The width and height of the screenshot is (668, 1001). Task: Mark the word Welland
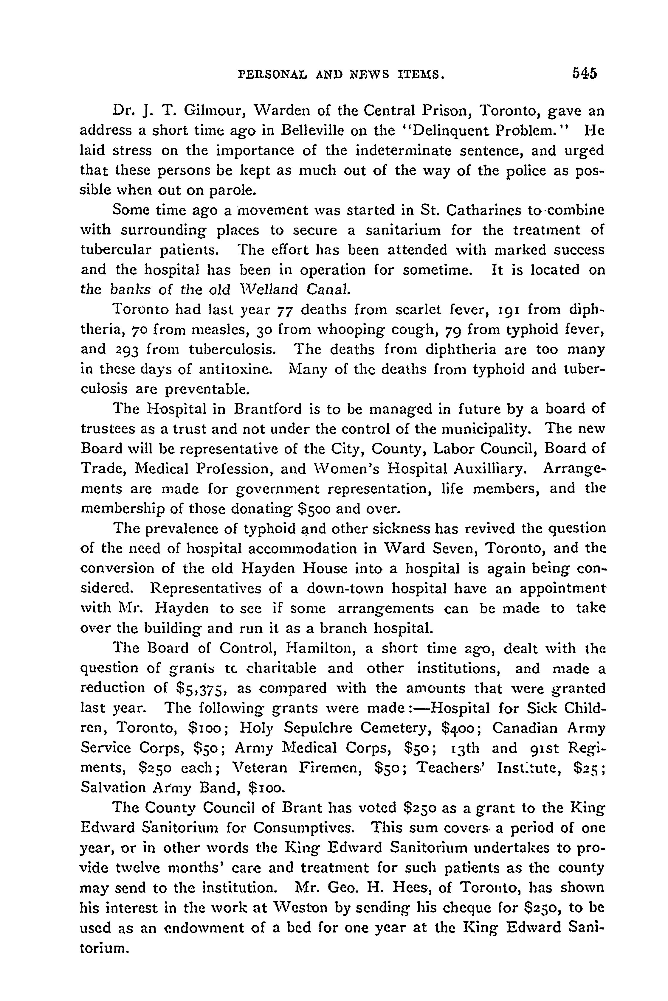[x=268, y=290]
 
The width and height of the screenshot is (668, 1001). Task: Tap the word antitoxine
[x=234, y=369]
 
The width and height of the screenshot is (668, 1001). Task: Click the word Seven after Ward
[x=451, y=548]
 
